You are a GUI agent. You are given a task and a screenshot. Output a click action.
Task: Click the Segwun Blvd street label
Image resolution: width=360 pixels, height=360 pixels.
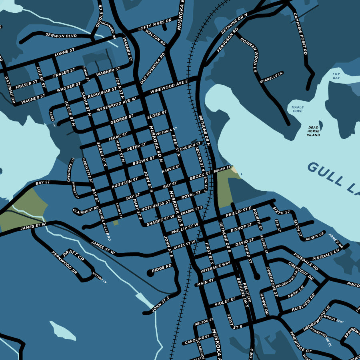pos(61,36)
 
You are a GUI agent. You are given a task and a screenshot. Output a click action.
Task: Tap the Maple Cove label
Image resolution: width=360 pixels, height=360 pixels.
pos(297,109)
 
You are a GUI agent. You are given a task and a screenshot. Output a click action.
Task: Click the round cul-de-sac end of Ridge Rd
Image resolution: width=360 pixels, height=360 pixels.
pos(150,273)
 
